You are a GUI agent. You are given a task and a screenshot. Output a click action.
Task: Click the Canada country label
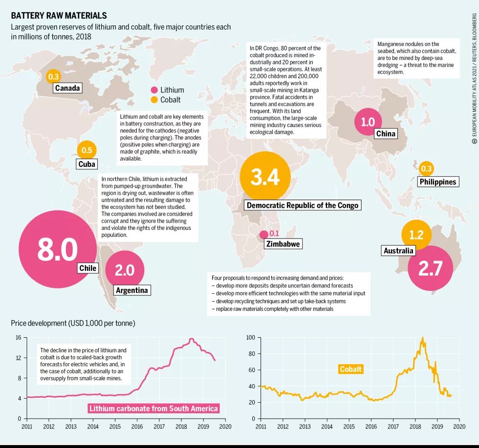tap(67, 88)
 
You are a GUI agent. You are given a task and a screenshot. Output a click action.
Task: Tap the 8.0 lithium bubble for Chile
tap(58, 249)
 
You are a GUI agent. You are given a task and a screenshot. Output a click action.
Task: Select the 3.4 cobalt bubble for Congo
tap(265, 177)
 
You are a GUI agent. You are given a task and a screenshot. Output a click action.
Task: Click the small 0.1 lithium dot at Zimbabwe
tap(264, 235)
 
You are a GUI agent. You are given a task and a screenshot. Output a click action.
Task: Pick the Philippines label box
tap(437, 182)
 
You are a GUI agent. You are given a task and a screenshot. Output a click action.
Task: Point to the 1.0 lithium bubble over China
tap(368, 122)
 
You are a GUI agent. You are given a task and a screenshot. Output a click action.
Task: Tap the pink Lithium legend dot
tap(154, 90)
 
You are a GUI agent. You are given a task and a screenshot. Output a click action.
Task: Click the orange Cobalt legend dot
tap(154, 100)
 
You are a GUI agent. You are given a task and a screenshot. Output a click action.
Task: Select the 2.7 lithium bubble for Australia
tap(430, 268)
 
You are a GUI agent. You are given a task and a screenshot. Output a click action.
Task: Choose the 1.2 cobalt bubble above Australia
tap(416, 235)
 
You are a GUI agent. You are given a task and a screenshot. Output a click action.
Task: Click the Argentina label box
tap(131, 290)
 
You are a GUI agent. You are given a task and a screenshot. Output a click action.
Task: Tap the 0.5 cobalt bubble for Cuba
tap(87, 150)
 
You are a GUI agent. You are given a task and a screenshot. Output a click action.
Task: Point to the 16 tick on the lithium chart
tap(18, 337)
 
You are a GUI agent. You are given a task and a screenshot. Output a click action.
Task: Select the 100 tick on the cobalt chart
tap(250, 337)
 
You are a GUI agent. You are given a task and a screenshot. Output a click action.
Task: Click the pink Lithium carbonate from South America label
tap(153, 408)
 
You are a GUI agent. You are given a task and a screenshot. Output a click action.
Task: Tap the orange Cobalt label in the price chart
tap(351, 369)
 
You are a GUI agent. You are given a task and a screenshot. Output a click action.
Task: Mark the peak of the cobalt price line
tap(422, 338)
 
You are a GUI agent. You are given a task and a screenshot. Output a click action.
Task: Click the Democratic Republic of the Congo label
tap(303, 205)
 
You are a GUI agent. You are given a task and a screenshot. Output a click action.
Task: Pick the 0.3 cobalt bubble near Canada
tap(53, 77)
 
